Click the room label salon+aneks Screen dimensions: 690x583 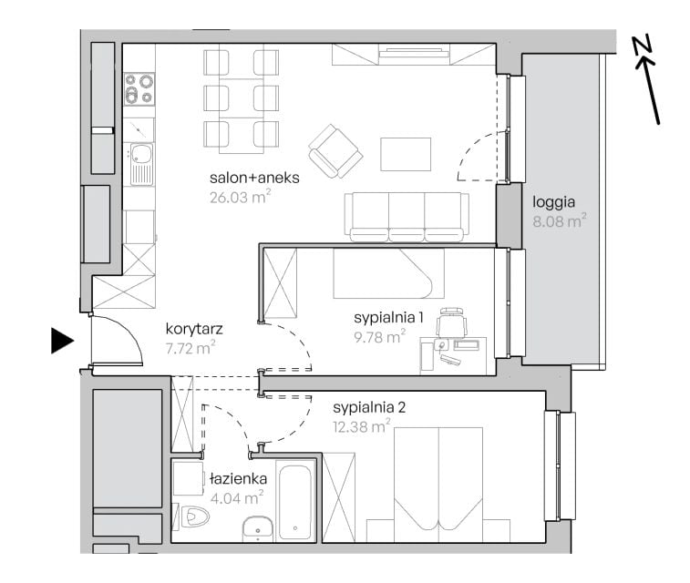coord(254,178)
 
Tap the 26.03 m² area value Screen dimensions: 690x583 coord(240,197)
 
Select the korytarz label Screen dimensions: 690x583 coord(194,329)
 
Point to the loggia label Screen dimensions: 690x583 coord(553,202)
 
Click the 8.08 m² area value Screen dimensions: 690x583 coord(560,220)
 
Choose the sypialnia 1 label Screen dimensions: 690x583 coord(388,317)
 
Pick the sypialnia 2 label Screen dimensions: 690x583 coord(369,407)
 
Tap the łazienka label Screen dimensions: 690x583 coord(239,479)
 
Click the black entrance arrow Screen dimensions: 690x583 coord(62,341)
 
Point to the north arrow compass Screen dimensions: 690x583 coord(647,79)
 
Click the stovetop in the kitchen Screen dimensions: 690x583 coord(139,89)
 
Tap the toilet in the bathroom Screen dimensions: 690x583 coord(193,517)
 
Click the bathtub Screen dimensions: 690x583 coord(295,501)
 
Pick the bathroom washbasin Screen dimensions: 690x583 coord(258,529)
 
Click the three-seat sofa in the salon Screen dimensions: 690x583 coord(407,217)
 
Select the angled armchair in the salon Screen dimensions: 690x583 coord(335,151)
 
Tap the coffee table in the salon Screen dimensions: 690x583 coord(406,154)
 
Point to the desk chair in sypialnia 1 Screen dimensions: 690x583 coord(451,322)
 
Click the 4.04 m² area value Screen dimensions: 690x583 coord(237,498)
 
